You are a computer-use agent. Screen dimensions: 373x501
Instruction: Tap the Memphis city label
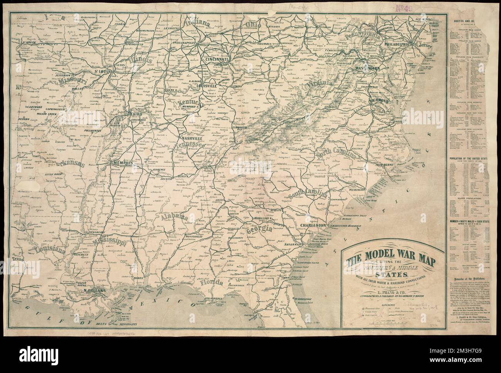pyautogui.click(x=122, y=163)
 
